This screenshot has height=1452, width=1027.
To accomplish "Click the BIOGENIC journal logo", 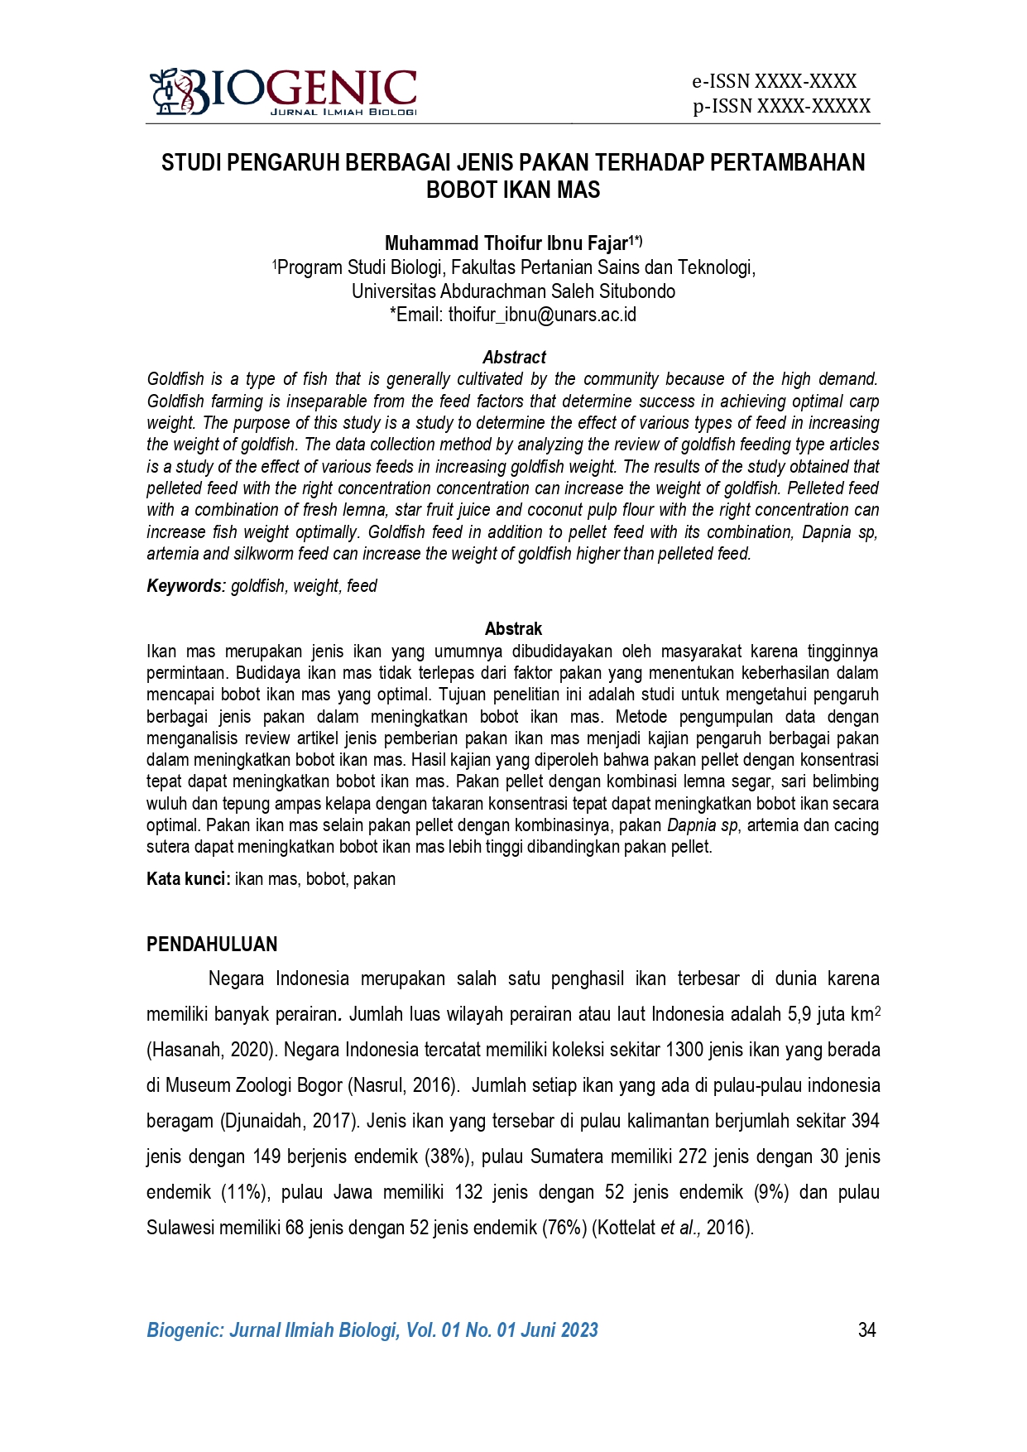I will [x=283, y=92].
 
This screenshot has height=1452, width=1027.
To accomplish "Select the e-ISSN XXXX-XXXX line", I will [x=774, y=81].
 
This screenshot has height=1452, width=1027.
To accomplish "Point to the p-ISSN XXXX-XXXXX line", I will [x=781, y=106].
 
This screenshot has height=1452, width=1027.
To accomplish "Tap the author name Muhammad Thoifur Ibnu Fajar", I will [x=506, y=243].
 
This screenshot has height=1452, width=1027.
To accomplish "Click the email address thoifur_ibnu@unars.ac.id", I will [x=542, y=315].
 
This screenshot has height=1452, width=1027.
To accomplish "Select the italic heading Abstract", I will [x=514, y=357].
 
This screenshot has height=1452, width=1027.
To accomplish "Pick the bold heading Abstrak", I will [x=513, y=628].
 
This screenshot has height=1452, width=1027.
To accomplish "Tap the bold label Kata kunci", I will [x=188, y=878].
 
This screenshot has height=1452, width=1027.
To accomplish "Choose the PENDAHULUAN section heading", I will [x=212, y=945].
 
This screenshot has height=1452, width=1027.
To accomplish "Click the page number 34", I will [x=866, y=1329].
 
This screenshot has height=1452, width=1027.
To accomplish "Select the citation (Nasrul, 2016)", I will [x=401, y=1085].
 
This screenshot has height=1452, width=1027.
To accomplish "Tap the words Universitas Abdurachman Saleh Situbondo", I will [x=513, y=291].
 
